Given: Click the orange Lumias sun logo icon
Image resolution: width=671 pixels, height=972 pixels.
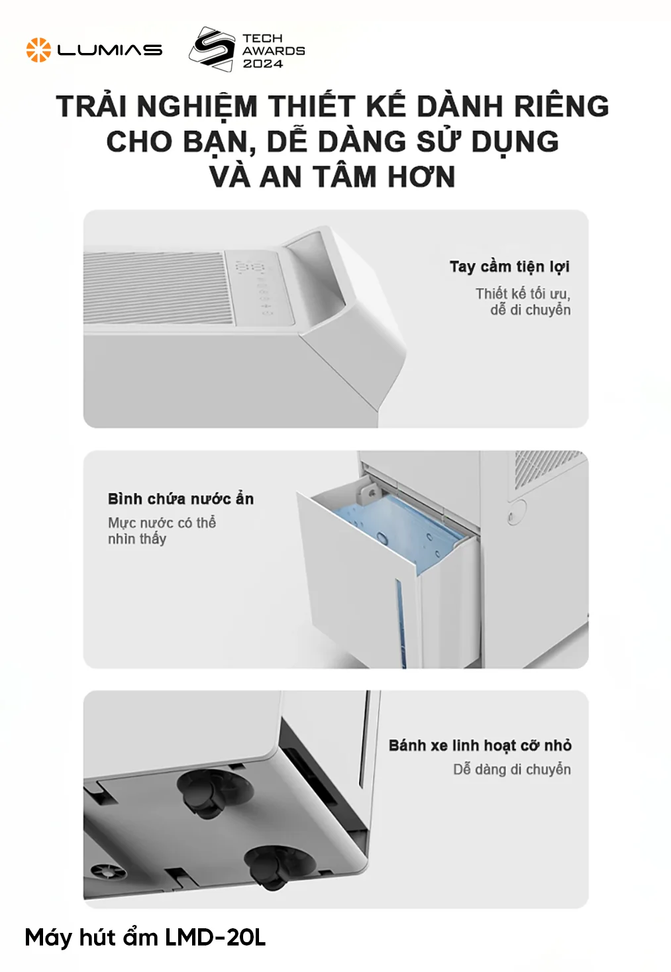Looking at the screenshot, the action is (x=38, y=50).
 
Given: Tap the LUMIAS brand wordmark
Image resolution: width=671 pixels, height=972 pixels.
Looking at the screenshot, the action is (x=110, y=50).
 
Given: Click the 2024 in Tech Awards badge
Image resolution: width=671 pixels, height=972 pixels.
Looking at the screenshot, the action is (x=263, y=64).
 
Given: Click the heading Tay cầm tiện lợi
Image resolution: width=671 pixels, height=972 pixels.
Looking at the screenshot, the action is (x=509, y=267).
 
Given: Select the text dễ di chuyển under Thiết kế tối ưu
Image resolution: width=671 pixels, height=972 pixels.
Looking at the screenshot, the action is (x=530, y=310).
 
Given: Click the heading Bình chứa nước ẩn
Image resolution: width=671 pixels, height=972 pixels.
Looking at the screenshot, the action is (x=180, y=499).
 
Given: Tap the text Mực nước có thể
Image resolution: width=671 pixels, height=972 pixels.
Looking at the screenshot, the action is (x=162, y=523).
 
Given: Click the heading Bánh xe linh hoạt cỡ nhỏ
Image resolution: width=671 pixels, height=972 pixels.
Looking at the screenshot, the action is (x=480, y=745).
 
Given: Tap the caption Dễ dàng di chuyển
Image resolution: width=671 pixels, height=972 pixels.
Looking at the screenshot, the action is (x=512, y=770).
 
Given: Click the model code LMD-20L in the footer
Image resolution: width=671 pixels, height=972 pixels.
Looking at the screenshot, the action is (x=215, y=938).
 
